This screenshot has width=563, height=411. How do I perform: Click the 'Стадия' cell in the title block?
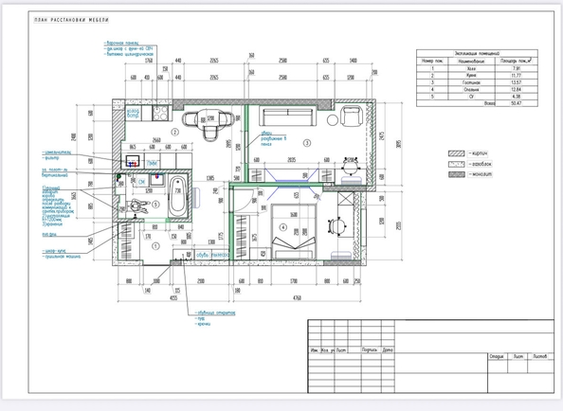tap(497, 356)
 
